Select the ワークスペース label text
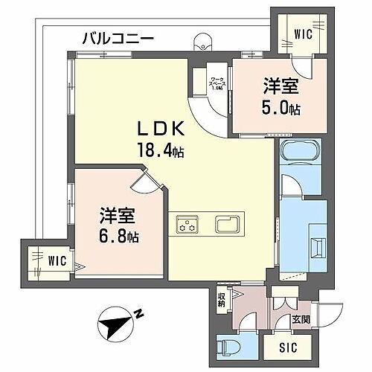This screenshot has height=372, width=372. [x=217, y=81]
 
